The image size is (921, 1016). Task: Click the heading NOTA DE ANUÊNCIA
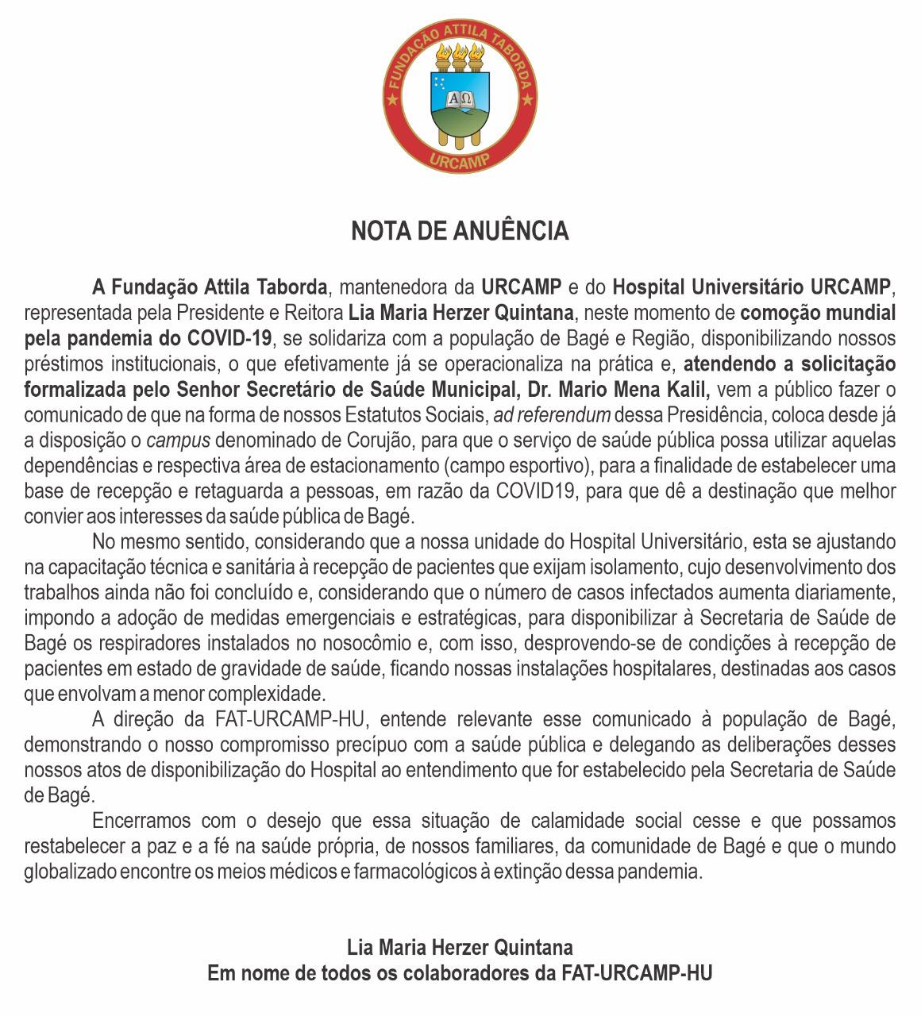tap(460, 231)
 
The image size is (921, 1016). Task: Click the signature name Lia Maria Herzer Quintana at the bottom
tap(460, 947)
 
